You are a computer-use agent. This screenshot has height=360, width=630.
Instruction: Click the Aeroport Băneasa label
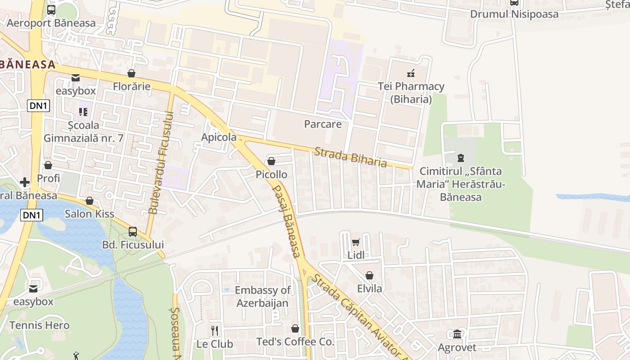(51, 23)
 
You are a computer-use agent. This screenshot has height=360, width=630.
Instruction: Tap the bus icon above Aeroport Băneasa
(51, 9)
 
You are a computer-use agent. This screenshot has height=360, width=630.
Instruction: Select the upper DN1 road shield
(39, 106)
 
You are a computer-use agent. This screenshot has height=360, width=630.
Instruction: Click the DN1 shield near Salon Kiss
(31, 215)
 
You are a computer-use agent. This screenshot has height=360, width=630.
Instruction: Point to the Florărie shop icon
(131, 73)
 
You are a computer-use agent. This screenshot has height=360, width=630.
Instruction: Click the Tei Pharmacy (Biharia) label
(411, 93)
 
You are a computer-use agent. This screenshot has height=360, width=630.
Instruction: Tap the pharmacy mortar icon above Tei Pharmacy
(411, 73)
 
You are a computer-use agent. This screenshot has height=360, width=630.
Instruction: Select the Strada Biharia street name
(351, 157)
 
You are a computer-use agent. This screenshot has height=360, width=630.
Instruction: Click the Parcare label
(323, 124)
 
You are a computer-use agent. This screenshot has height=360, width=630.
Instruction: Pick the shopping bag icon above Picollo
(271, 161)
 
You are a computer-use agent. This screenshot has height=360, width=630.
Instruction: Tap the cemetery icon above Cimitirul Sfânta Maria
(461, 158)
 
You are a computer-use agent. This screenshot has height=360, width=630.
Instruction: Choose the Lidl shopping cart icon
(355, 243)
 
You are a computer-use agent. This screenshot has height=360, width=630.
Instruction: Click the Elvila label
(369, 288)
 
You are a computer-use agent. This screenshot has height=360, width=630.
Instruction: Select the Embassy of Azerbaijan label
(262, 297)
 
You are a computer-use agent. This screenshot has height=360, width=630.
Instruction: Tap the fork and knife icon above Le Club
(215, 331)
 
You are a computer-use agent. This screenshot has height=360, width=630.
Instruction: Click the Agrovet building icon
(457, 334)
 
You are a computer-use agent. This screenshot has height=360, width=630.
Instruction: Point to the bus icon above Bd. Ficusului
(133, 232)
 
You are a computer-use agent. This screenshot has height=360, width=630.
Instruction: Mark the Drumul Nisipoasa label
(514, 14)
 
